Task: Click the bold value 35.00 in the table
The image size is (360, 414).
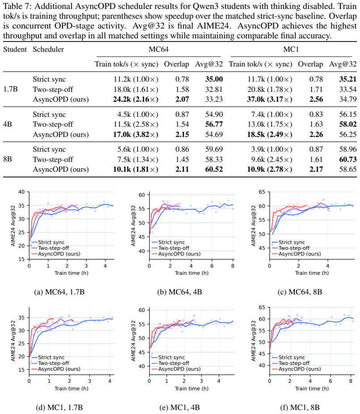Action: click(x=214, y=79)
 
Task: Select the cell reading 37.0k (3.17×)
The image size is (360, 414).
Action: click(x=269, y=99)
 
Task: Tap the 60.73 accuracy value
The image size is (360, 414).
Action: click(x=348, y=159)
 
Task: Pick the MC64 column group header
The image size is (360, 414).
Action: click(x=159, y=50)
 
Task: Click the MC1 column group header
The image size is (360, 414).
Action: click(x=291, y=50)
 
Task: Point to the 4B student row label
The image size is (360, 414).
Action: click(x=8, y=124)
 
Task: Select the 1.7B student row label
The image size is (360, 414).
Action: click(x=10, y=89)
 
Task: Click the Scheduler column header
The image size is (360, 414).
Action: click(x=48, y=50)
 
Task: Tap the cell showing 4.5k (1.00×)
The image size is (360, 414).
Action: click(x=138, y=114)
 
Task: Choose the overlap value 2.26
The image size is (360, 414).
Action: click(x=316, y=134)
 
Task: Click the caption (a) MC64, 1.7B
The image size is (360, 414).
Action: click(x=59, y=292)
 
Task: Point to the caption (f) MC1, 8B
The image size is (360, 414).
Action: click(x=300, y=407)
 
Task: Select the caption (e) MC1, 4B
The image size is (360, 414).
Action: click(x=180, y=407)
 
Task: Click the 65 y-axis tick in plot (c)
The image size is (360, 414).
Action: click(x=262, y=192)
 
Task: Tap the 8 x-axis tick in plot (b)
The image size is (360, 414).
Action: click(x=233, y=266)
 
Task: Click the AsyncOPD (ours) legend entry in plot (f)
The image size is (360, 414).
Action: click(x=296, y=369)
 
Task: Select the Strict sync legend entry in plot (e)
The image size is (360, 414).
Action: click(x=168, y=357)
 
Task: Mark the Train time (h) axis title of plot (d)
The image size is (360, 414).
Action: click(x=71, y=389)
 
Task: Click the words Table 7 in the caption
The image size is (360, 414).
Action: click(x=17, y=6)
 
